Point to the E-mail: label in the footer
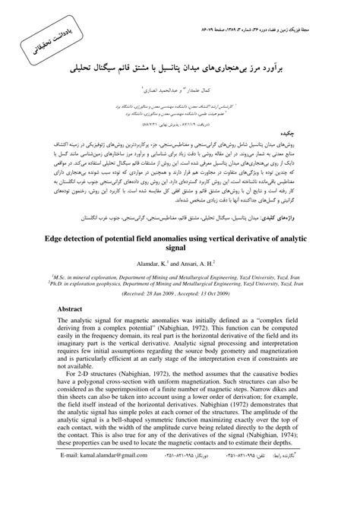click(x=72, y=496)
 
